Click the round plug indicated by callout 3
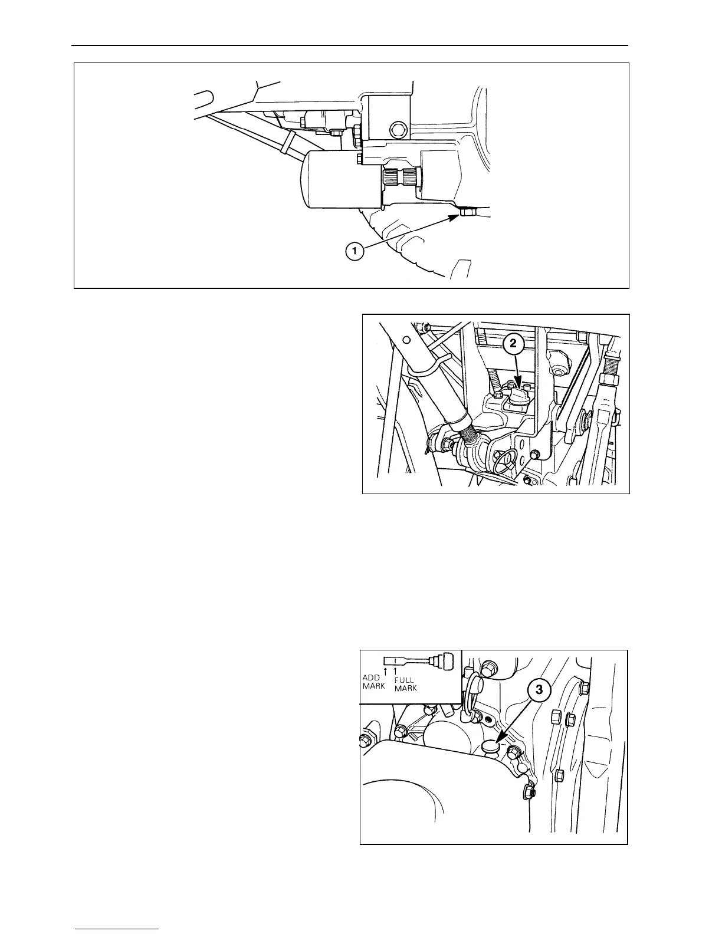pyautogui.click(x=491, y=748)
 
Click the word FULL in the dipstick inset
pyautogui.click(x=405, y=679)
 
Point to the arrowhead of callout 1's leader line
pyautogui.click(x=457, y=216)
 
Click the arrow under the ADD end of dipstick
pyautogui.click(x=386, y=669)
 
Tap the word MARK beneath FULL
pyautogui.click(x=405, y=688)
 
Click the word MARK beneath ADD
pyautogui.click(x=373, y=686)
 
